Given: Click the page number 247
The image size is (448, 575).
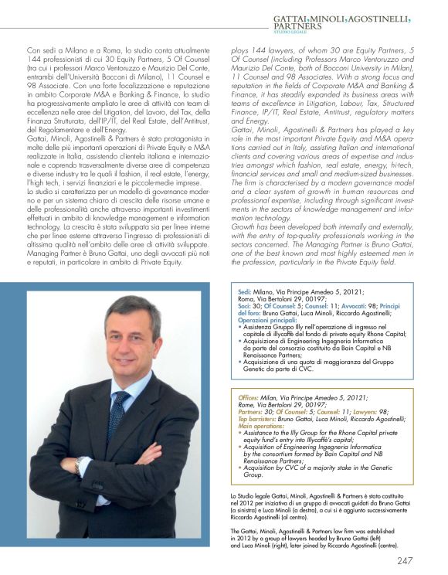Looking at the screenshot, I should [x=428, y=560].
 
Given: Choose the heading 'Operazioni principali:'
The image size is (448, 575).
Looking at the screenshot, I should [x=266, y=318].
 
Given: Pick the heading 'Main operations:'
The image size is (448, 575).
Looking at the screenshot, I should [x=260, y=425].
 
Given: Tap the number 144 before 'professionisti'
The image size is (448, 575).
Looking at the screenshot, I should [x=35, y=58].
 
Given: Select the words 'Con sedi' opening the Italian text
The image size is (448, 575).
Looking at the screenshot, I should [x=40, y=48].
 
